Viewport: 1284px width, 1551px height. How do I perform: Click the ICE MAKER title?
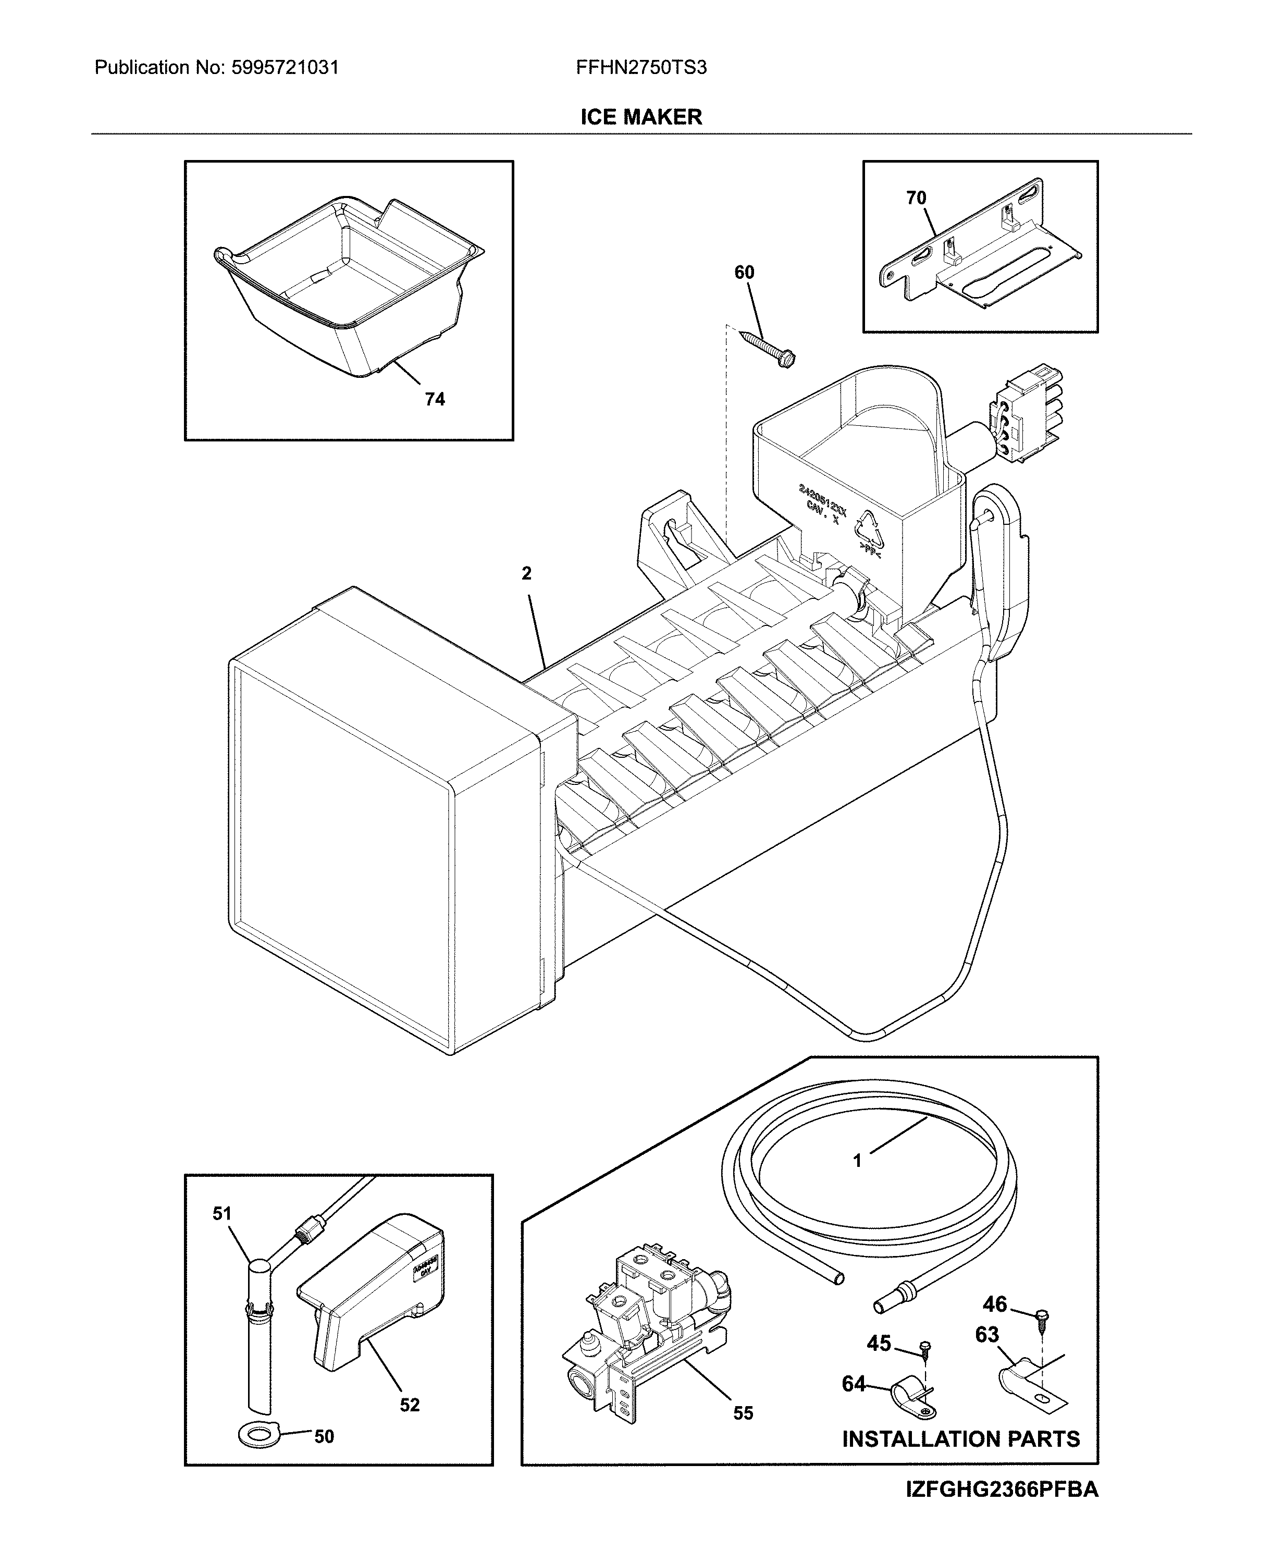click(x=641, y=117)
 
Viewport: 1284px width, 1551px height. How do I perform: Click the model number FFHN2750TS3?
click(x=641, y=68)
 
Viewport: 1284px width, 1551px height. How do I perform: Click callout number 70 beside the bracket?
click(x=916, y=198)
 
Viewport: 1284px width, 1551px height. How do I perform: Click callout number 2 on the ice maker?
click(x=526, y=573)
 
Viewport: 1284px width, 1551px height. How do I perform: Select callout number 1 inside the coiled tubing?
click(x=857, y=1161)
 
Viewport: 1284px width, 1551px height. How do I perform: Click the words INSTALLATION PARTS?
click(x=960, y=1439)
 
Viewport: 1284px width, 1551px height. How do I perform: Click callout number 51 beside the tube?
click(x=222, y=1213)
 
